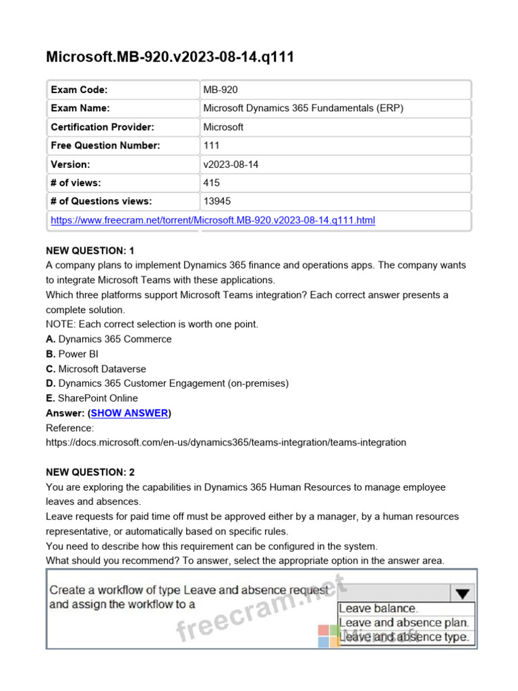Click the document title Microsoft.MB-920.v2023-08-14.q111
click(169, 57)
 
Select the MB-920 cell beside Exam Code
click(220, 90)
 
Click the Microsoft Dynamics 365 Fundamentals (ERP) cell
click(304, 108)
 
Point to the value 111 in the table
click(211, 145)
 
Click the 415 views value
click(211, 182)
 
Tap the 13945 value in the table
click(217, 201)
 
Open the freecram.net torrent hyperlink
click(213, 220)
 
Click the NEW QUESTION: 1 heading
click(90, 250)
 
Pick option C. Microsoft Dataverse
click(96, 368)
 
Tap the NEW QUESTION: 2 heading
click(90, 472)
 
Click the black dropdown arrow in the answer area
click(461, 594)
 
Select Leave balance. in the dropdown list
click(378, 609)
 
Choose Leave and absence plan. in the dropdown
click(404, 623)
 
